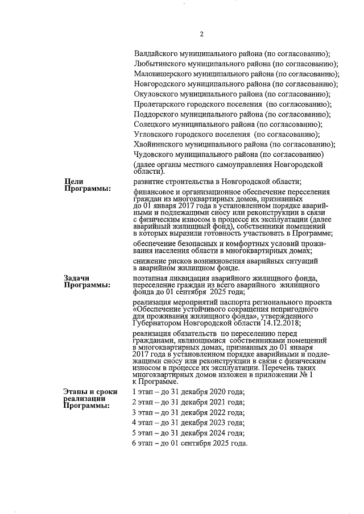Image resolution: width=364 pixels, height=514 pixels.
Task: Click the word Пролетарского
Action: (159, 105)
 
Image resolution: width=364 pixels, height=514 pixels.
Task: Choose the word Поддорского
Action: (156, 114)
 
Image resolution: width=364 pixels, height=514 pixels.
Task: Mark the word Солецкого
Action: (152, 124)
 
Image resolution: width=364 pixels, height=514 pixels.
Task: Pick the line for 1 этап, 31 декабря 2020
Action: (188, 392)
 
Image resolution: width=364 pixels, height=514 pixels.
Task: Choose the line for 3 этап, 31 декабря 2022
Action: (188, 412)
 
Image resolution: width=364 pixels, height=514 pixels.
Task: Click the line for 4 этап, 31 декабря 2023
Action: (188, 423)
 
